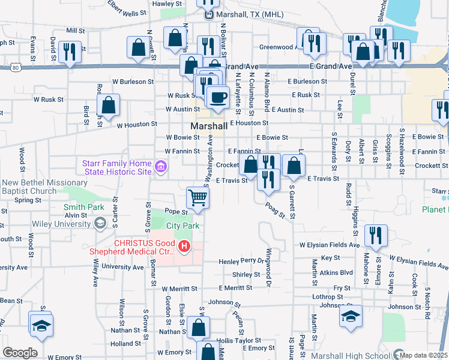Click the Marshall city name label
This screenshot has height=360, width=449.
209,127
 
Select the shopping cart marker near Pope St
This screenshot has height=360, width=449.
197,197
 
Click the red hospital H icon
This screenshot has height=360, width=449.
184,246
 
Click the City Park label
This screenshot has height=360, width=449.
182,226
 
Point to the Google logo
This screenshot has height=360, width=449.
20,353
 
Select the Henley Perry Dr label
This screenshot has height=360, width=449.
241,262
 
